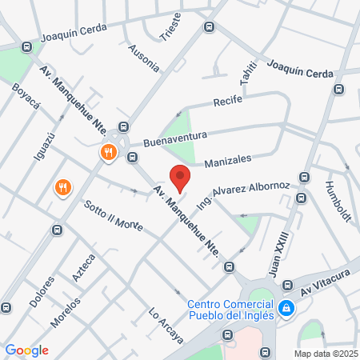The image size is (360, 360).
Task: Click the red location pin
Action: [180, 178]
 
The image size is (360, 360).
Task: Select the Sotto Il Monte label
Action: [113, 214]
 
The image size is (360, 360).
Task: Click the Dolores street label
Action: [46, 294]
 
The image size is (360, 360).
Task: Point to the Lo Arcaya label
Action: [166, 326]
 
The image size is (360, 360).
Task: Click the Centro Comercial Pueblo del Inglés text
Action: [231, 309]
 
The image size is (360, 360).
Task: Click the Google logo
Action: [26, 350]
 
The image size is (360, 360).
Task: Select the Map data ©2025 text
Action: [325, 354]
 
